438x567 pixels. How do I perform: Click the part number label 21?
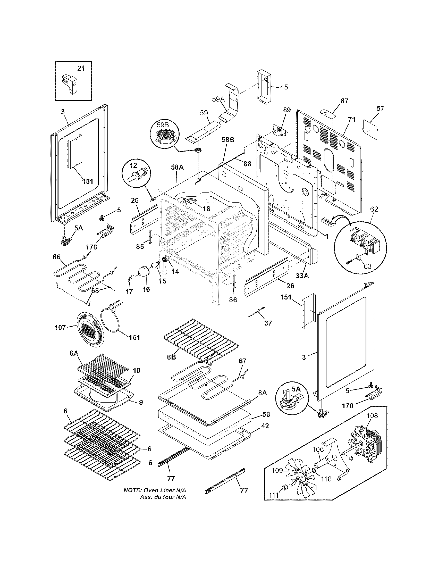(81, 68)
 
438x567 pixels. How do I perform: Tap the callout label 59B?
(162, 125)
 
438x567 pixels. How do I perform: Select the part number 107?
(60, 328)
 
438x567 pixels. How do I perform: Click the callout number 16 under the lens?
(146, 289)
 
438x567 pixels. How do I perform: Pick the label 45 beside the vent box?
(284, 87)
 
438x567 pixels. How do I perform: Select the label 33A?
(302, 276)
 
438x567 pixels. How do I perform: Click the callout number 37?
(268, 323)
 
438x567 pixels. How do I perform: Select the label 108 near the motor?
(372, 416)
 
